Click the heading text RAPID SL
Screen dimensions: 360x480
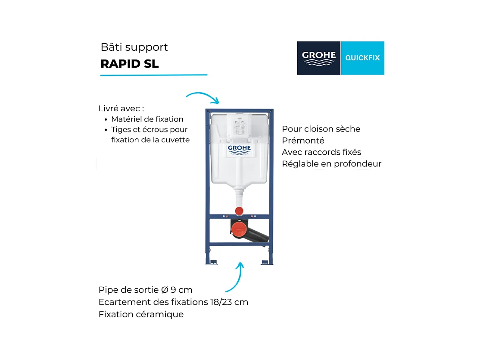tap(130, 64)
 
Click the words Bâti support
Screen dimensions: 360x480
tap(134, 47)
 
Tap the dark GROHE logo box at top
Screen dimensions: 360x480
tap(318, 58)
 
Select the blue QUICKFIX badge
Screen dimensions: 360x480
tap(362, 58)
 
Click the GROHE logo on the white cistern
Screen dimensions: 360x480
tap(239, 150)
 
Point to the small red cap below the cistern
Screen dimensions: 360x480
tap(239, 211)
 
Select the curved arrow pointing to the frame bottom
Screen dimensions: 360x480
tap(235, 278)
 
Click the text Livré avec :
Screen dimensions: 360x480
tap(121, 108)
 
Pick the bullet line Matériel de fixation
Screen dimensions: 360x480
tap(147, 119)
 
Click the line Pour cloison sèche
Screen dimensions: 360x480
tap(321, 129)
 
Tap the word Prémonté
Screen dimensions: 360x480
tap(303, 141)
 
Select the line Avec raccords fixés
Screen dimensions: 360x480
tap(321, 152)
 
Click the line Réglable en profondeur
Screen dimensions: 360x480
tap(331, 164)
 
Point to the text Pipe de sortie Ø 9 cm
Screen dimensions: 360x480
tap(145, 290)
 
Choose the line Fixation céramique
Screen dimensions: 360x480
tap(141, 314)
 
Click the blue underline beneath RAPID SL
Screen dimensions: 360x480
tap(154, 75)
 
